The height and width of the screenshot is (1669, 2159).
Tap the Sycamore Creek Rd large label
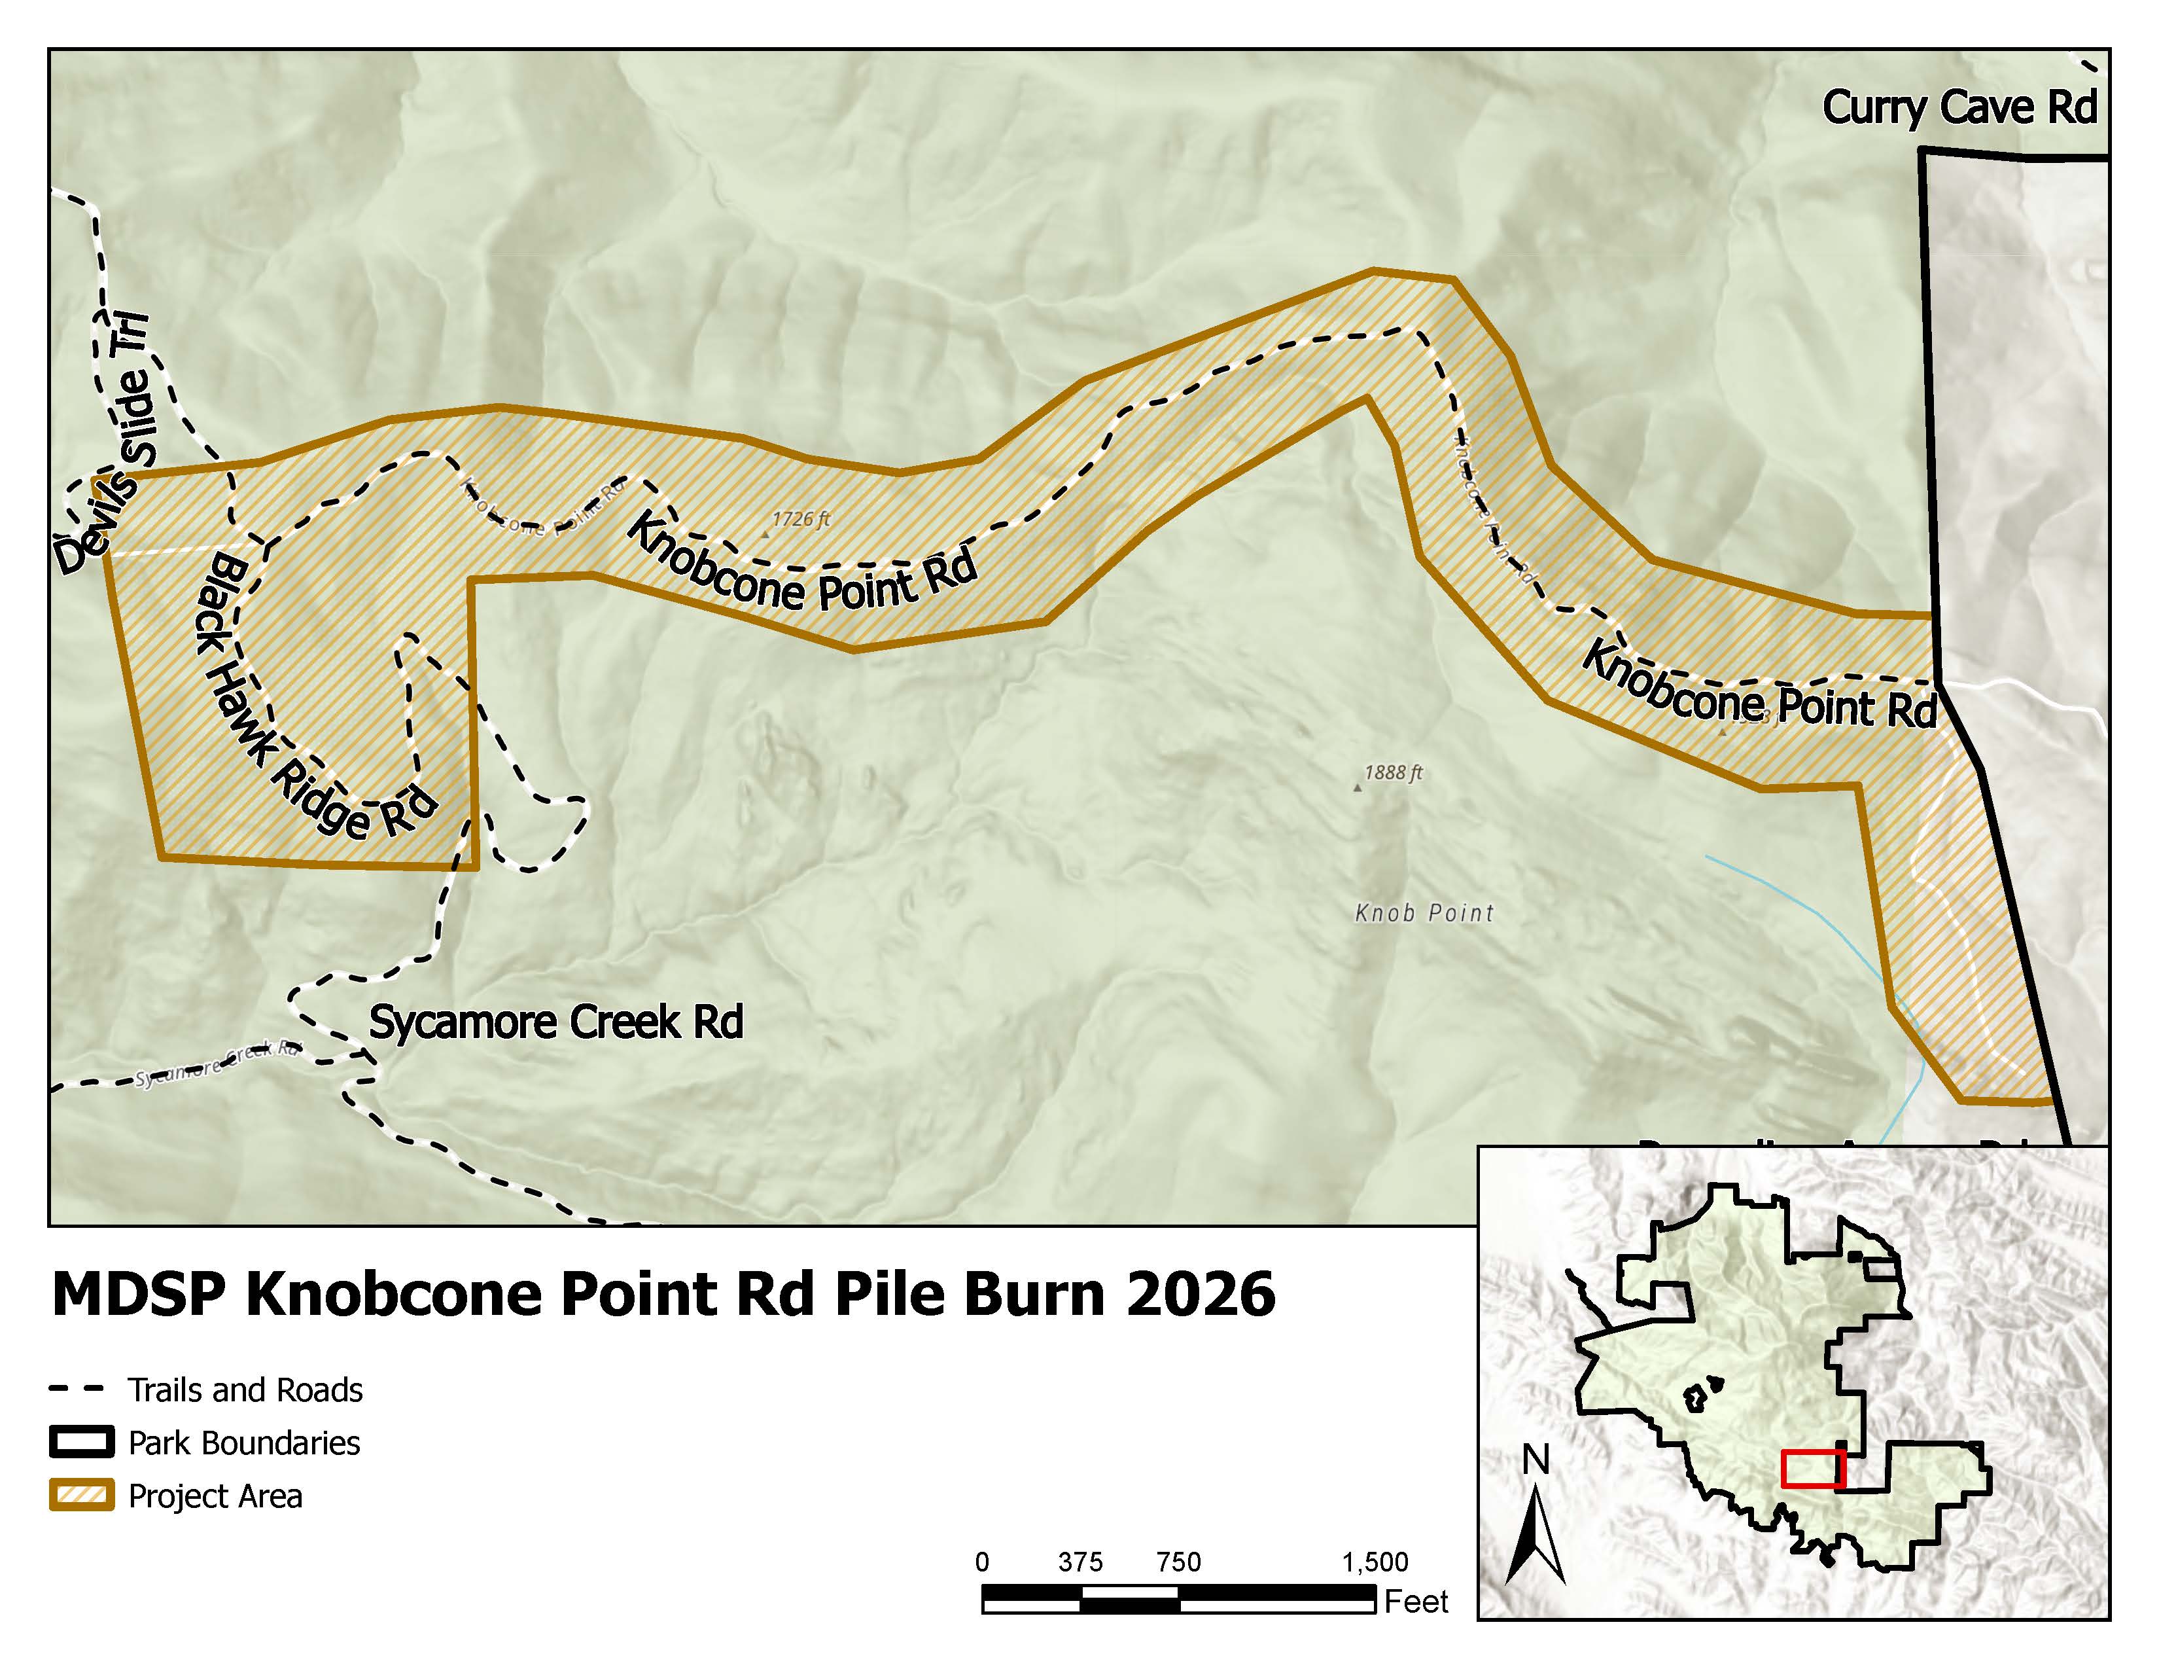click(555, 1022)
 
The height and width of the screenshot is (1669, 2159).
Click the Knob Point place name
click(1424, 912)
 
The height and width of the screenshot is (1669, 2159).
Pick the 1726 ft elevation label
click(801, 519)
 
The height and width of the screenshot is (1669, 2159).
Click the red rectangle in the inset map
click(1813, 1468)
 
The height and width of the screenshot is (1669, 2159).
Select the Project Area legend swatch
click(81, 1496)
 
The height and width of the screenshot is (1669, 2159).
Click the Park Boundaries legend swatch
click(81, 1443)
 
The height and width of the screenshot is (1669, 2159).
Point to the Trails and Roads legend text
click(245, 1390)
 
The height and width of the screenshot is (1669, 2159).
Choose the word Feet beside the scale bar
click(1416, 1601)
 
